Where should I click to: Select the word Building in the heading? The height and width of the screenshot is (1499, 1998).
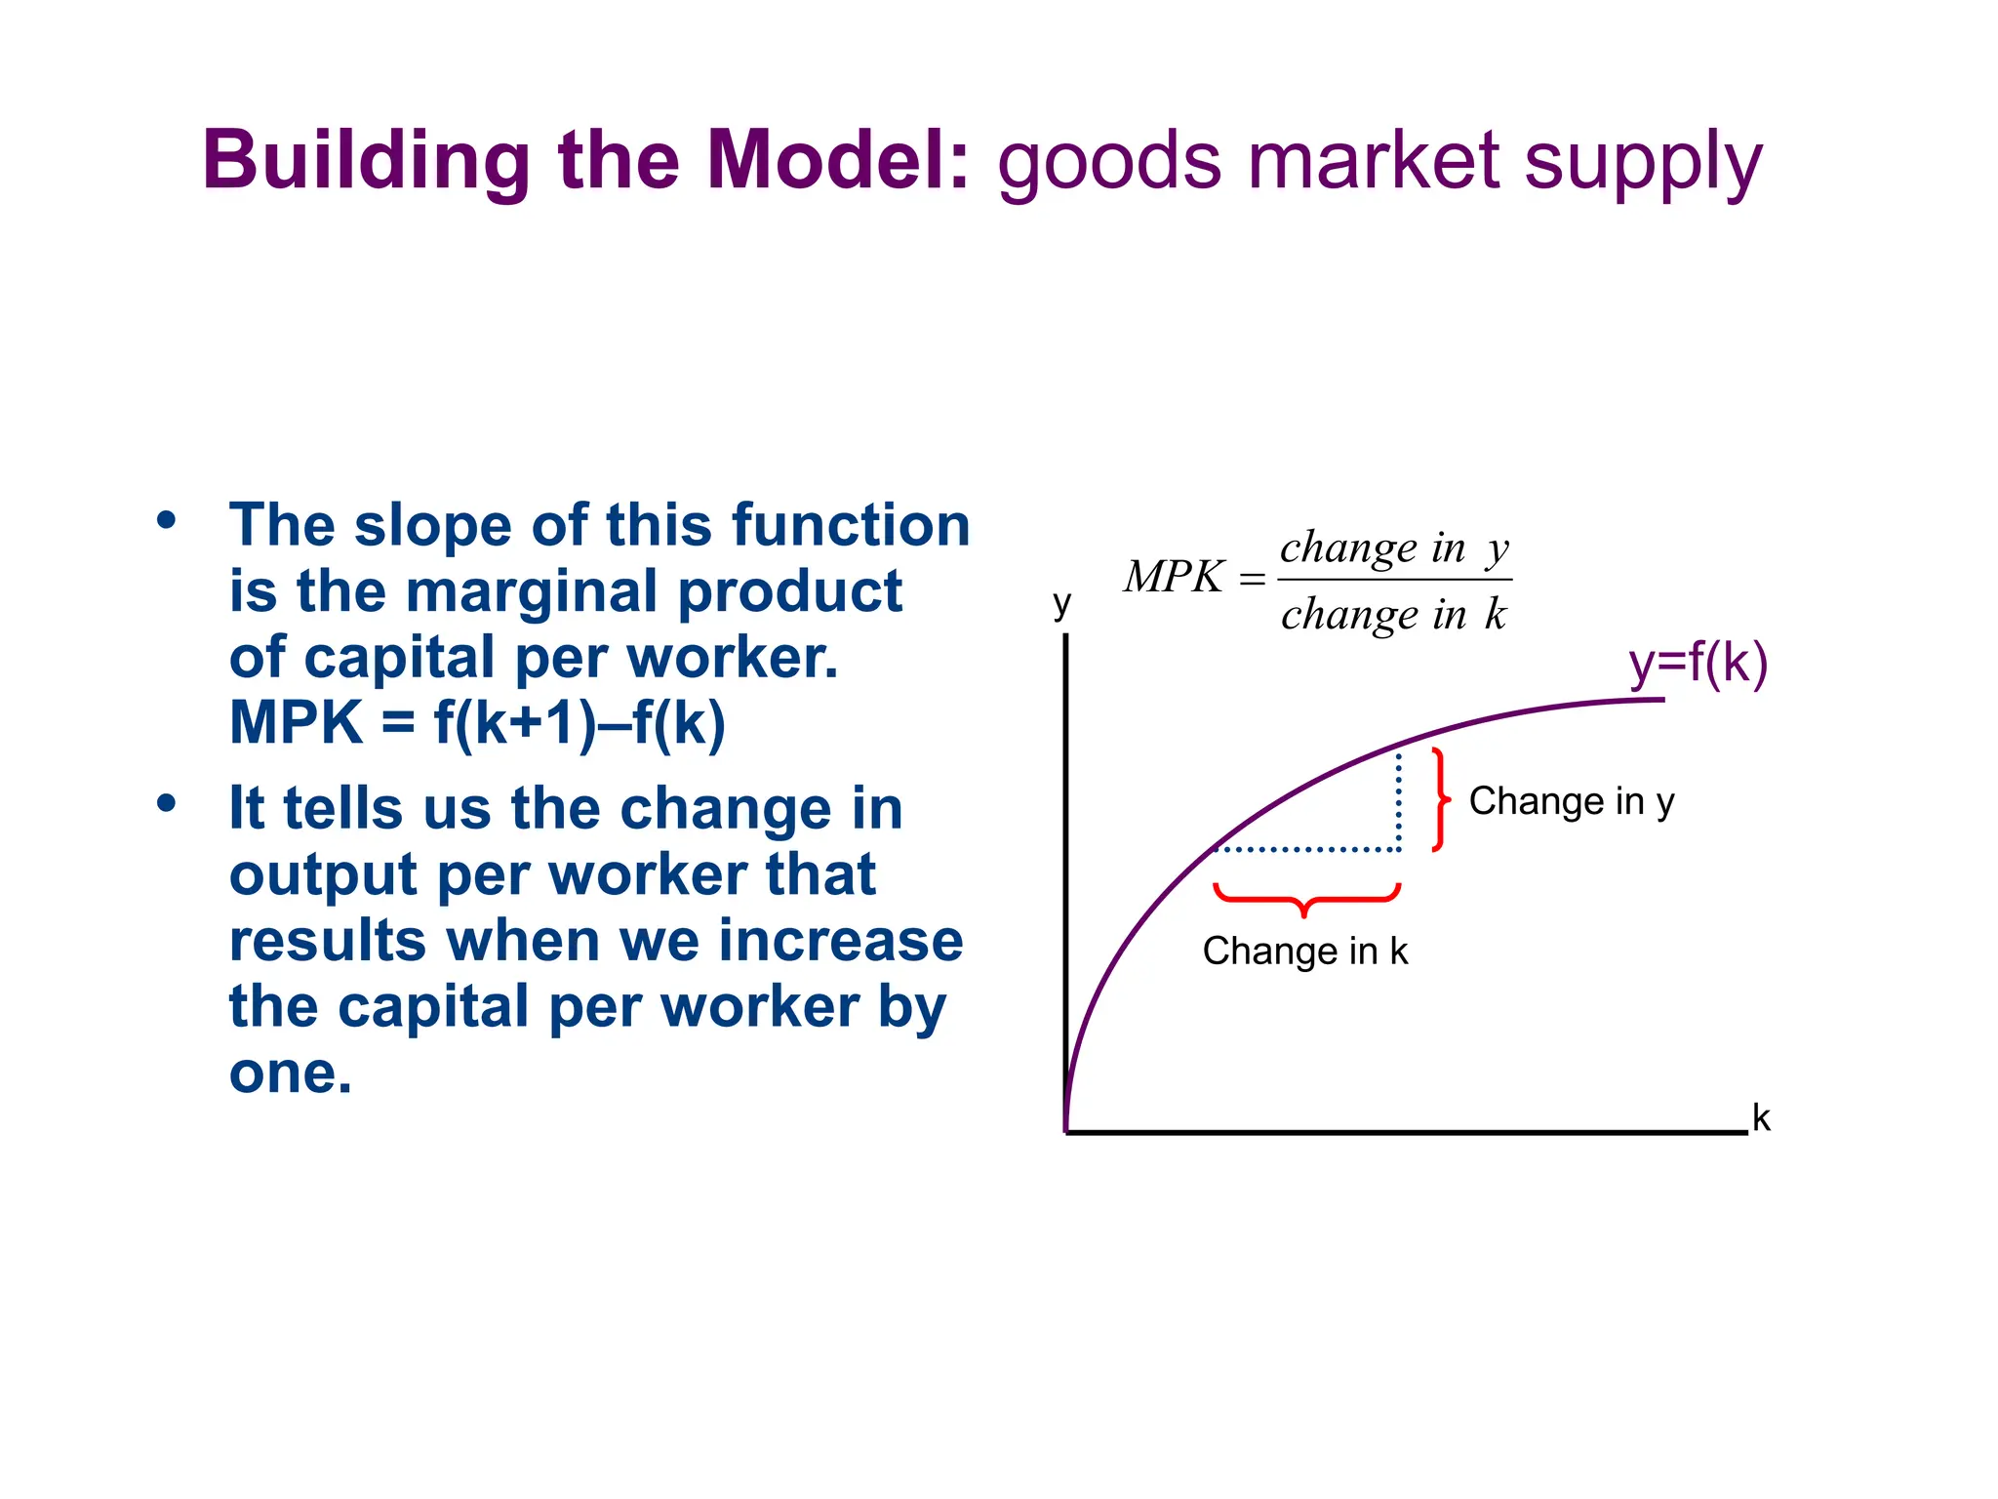coord(367,162)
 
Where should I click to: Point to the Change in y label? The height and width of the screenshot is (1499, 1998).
coord(1571,801)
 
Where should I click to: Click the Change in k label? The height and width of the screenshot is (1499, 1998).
coord(1304,951)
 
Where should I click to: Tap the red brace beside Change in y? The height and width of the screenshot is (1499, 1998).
coord(1439,799)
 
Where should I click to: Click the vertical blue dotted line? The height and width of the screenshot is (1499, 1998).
coord(1399,800)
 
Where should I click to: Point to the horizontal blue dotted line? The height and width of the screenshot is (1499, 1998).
coord(1307,850)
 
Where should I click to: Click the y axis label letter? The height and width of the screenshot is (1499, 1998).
coord(1062,604)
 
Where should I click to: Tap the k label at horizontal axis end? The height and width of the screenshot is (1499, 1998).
coord(1761,1118)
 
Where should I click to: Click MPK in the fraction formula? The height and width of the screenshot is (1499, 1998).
coord(1174,577)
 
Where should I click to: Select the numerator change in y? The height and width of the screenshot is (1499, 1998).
coord(1394,548)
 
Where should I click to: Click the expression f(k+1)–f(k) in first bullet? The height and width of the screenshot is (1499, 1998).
coord(579,723)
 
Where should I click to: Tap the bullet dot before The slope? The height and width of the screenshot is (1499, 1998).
coord(167,520)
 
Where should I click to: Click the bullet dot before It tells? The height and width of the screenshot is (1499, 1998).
coord(167,803)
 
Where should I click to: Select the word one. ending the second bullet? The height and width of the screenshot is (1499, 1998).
coord(290,1074)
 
